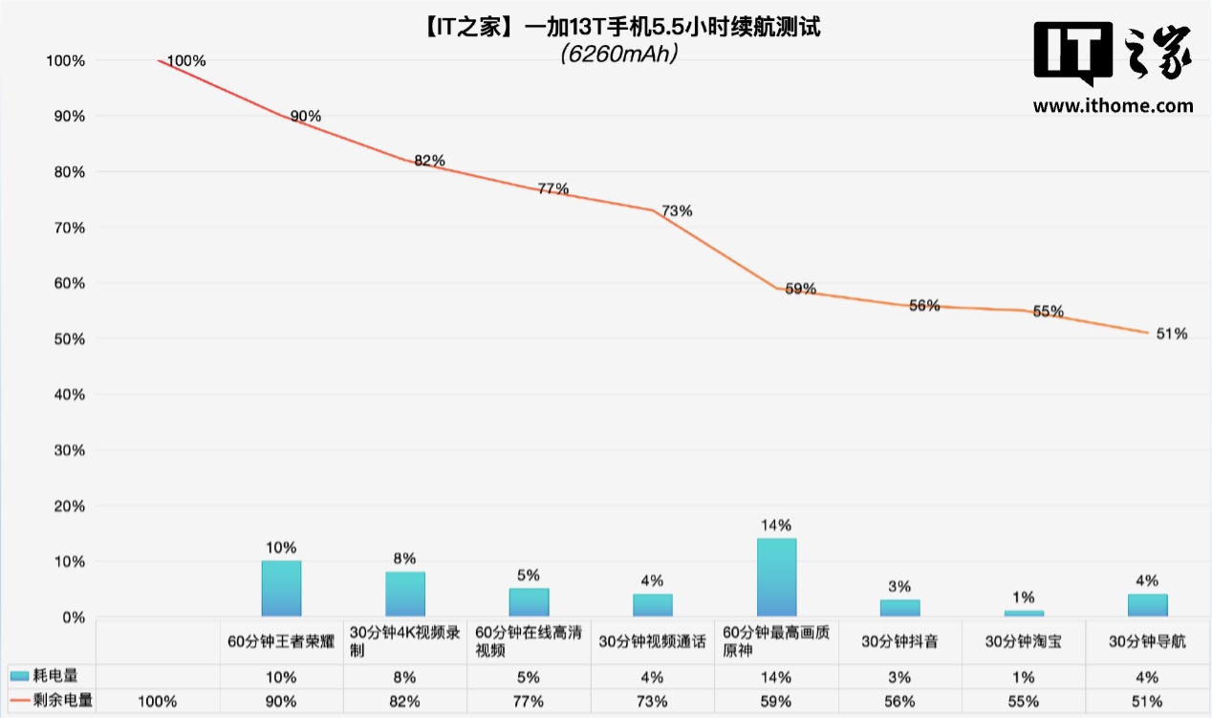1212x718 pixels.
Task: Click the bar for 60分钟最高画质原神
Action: [776, 577]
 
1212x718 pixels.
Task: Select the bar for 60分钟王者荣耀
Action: [281, 589]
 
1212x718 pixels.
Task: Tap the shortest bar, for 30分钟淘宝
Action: [1024, 613]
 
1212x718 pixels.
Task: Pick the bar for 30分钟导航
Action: [1147, 605]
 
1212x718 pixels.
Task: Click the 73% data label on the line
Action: [677, 211]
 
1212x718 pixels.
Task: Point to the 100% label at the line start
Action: [185, 61]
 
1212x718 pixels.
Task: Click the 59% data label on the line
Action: [800, 288]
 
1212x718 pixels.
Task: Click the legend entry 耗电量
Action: [52, 677]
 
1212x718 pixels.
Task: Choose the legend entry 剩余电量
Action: [52, 701]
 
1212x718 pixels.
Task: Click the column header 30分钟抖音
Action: [899, 642]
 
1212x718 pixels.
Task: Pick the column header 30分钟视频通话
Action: [652, 642]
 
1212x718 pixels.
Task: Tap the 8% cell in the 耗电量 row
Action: [404, 677]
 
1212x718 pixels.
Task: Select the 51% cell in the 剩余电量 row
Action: [1147, 701]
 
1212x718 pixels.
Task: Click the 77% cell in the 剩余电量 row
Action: [529, 701]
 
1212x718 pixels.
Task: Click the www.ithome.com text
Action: [1113, 106]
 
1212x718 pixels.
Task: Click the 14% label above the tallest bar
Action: [776, 525]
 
